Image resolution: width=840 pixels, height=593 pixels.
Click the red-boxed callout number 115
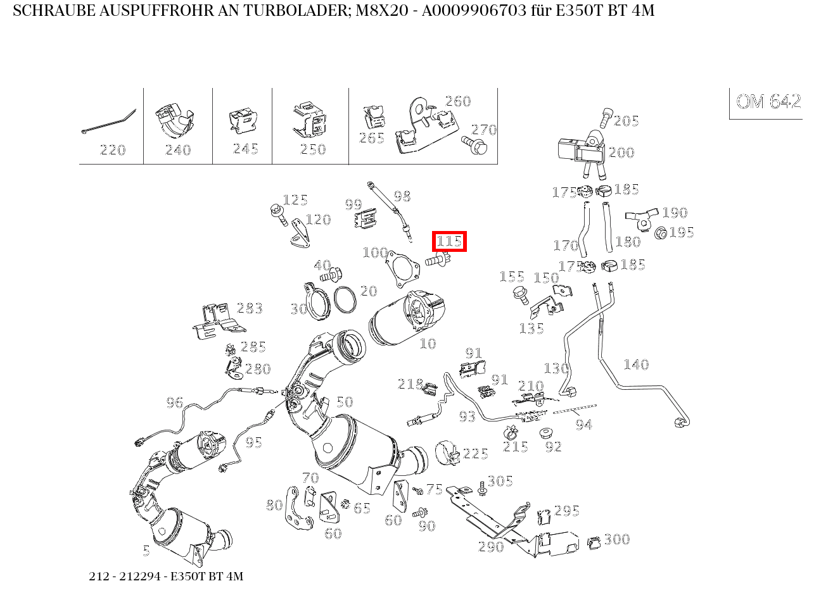[449, 241]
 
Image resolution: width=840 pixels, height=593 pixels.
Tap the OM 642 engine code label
[768, 102]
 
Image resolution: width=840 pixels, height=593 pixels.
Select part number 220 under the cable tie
[113, 150]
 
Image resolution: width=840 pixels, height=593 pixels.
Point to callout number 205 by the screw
[626, 121]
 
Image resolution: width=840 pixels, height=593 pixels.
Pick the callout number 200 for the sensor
[621, 153]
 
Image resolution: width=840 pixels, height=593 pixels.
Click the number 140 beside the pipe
[635, 365]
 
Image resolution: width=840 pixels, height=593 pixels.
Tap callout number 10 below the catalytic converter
[428, 344]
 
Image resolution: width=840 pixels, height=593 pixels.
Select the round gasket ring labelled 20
[344, 299]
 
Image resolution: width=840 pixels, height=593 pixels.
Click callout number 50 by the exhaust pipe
[344, 402]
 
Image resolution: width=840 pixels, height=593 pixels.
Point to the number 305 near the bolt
[500, 482]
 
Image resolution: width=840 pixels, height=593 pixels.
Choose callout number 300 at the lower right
[616, 539]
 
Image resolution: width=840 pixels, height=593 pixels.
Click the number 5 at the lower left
[146, 551]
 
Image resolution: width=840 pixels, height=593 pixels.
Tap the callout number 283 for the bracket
[250, 308]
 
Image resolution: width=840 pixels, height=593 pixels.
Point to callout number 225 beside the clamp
[475, 454]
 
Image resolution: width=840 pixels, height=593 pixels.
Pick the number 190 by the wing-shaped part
[675, 213]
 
